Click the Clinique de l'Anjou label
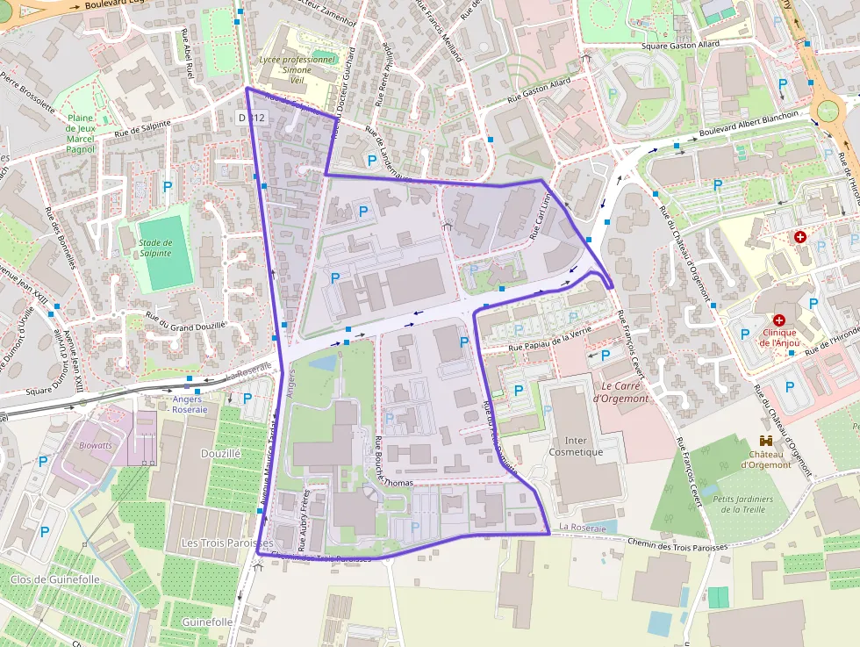779,337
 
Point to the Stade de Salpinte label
155,248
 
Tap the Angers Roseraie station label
190,404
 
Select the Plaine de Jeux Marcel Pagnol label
81,133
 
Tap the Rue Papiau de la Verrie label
550,339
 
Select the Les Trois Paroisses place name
226,543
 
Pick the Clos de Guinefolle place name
54,579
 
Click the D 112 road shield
251,117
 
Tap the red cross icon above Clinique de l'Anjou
779,320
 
